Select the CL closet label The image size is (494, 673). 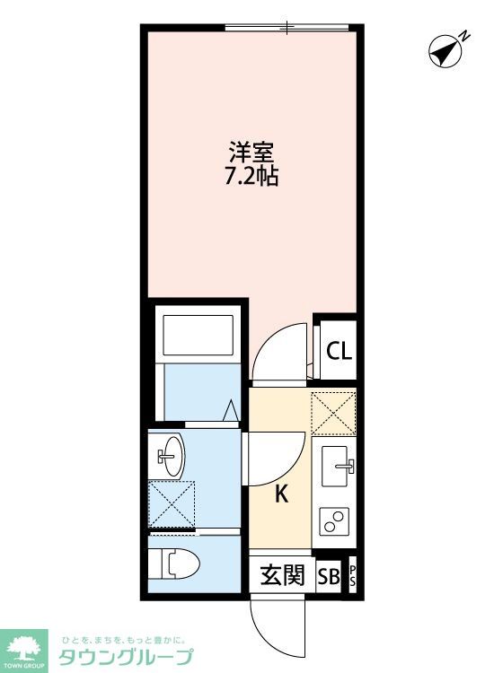339,350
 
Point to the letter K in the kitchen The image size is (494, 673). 281,494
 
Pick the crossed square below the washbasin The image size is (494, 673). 171,504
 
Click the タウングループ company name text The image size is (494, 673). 126,657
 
